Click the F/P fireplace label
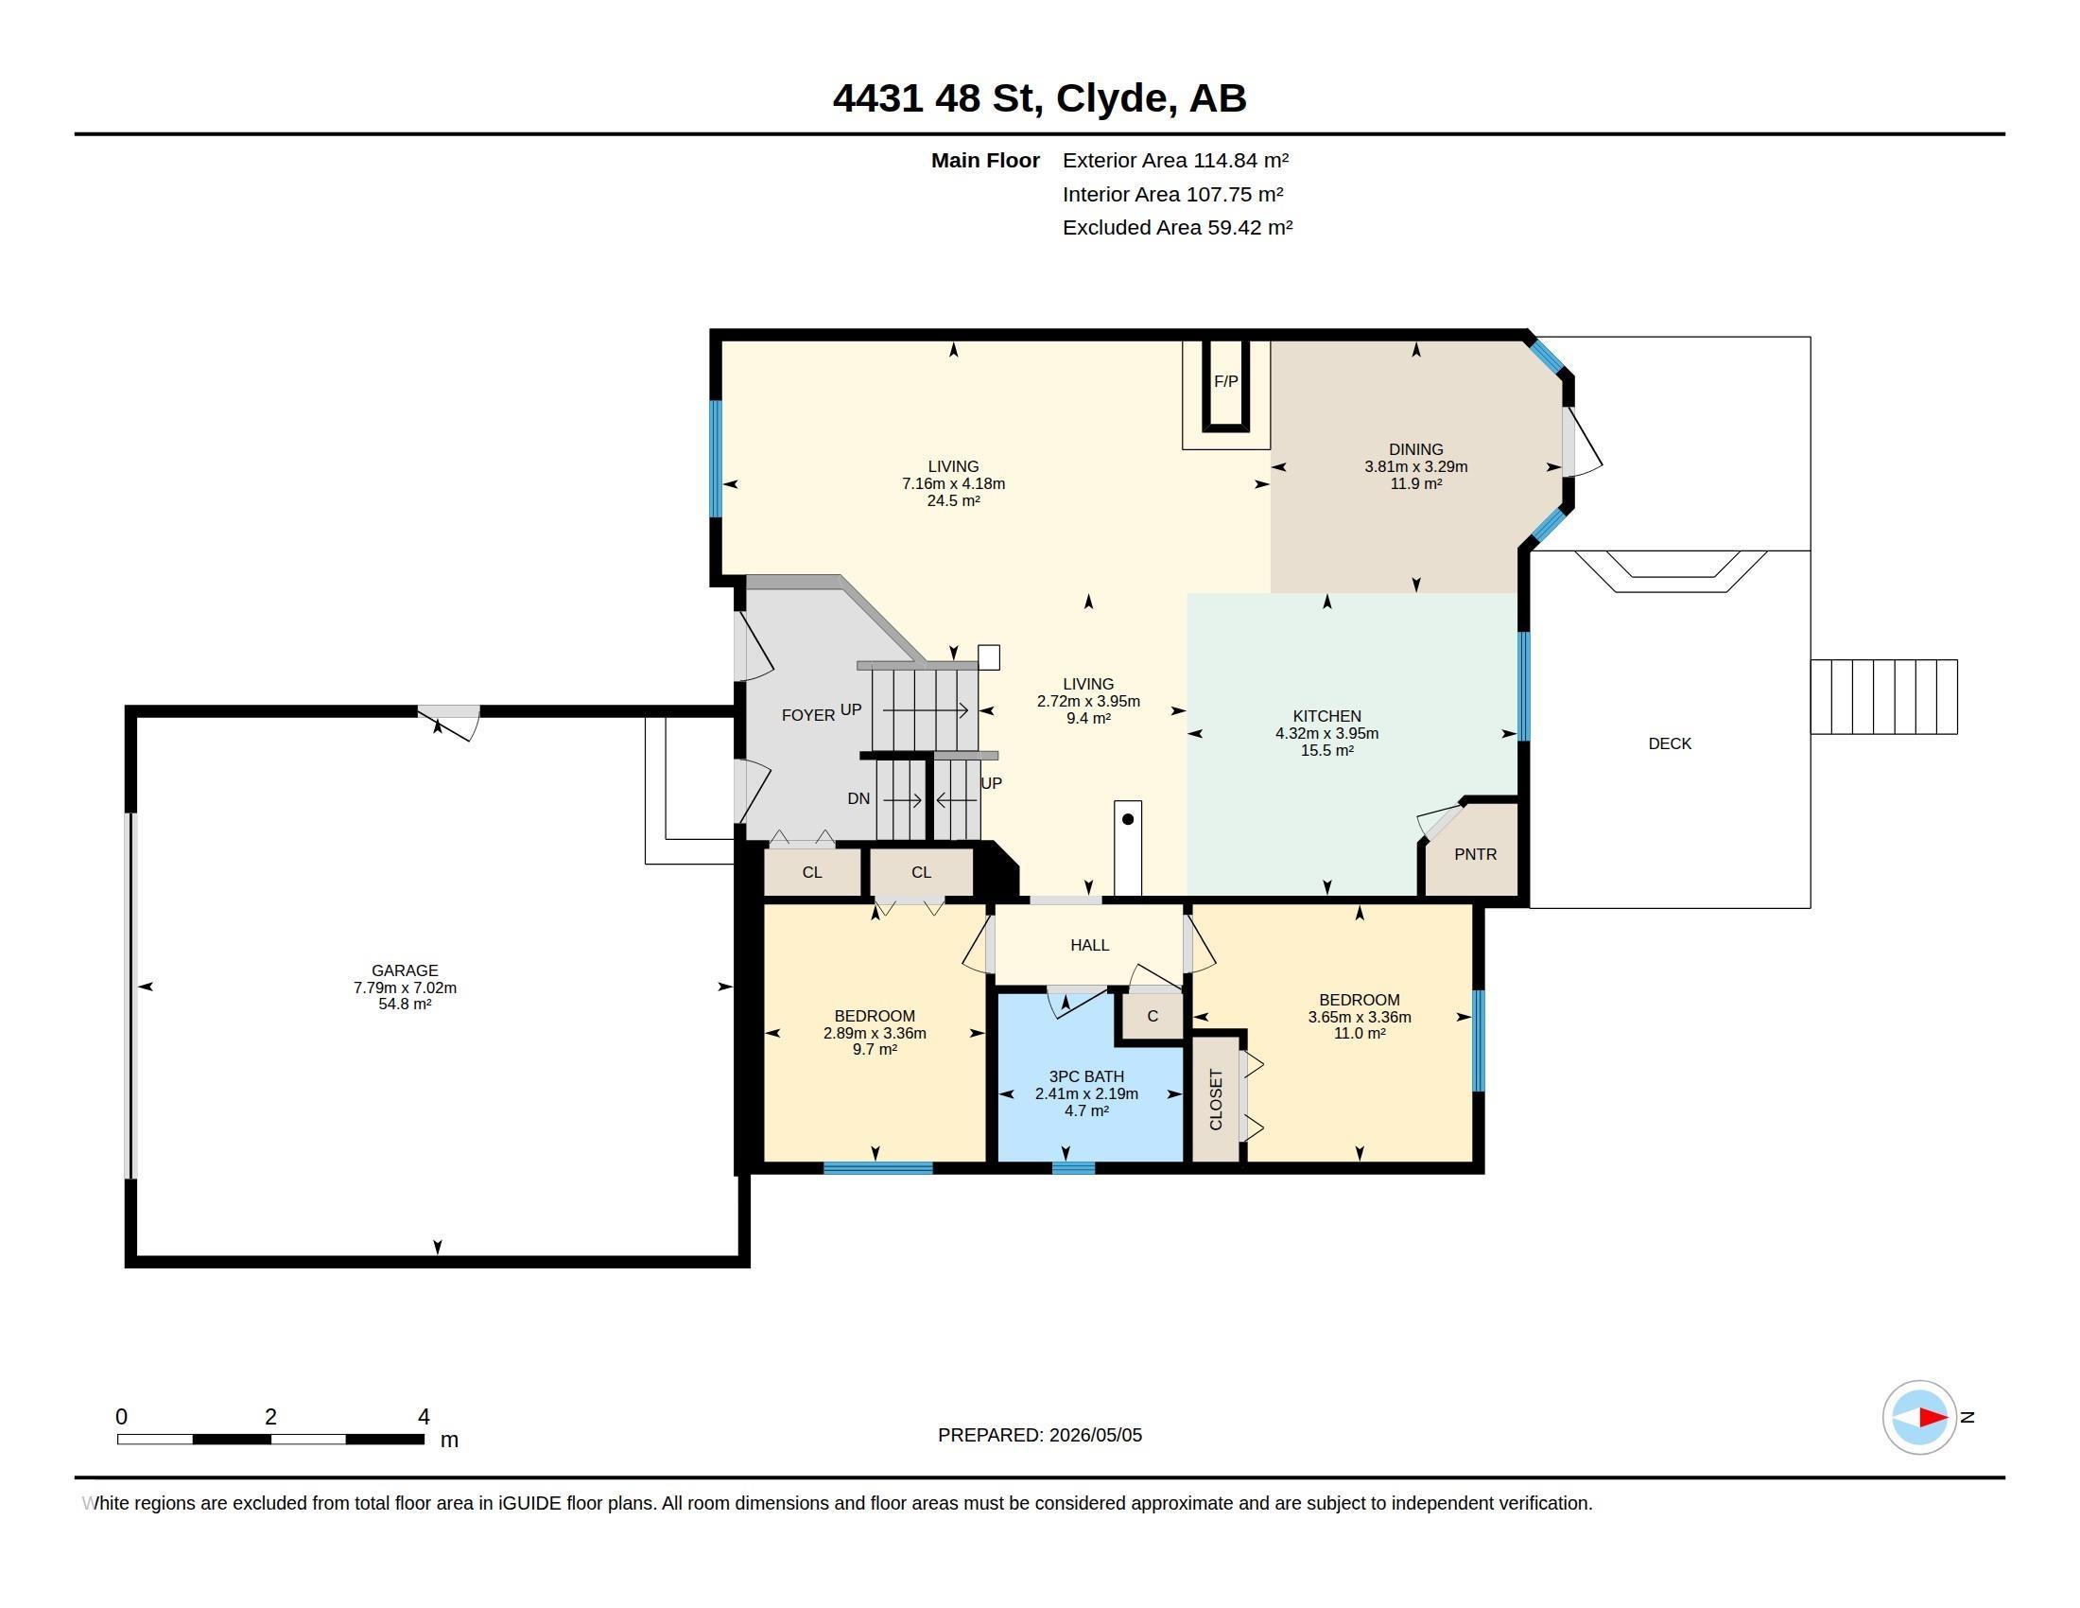tap(1225, 382)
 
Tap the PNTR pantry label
tap(1475, 854)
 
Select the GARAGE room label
tap(405, 970)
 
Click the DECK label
tap(1670, 744)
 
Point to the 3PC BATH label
tap(1086, 1076)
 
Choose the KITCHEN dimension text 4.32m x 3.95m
tap(1326, 733)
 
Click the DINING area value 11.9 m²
tap(1416, 484)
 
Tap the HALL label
tap(1089, 945)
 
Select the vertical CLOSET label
tap(1216, 1099)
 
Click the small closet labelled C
tap(1153, 1016)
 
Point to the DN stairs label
tap(859, 798)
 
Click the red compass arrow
tap(1933, 1418)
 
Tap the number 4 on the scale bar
tap(424, 1417)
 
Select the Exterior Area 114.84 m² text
tap(1175, 160)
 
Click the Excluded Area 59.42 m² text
tap(1177, 228)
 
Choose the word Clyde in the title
tap(1112, 98)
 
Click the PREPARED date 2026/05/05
tap(1095, 1435)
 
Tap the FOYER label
tap(807, 715)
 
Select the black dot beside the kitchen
tap(1128, 819)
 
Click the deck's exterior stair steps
tap(1883, 697)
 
